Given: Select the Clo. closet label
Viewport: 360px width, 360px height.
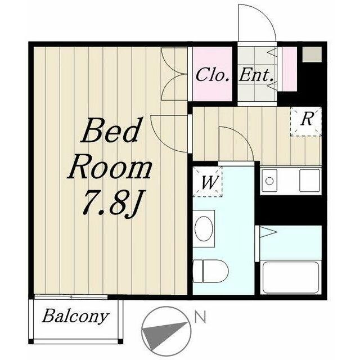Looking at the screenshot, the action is [213, 75].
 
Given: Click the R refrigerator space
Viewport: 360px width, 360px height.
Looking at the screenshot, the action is [306, 121].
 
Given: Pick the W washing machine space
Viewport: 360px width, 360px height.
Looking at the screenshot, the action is [208, 182].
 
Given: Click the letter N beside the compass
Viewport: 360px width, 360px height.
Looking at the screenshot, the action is [200, 317].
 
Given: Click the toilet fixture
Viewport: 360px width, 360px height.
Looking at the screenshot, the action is [210, 271].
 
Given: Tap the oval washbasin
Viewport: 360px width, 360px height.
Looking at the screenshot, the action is [204, 228].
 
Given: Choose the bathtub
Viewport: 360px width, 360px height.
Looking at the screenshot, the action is [291, 277].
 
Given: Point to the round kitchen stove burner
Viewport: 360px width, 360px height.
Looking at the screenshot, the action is [269, 181].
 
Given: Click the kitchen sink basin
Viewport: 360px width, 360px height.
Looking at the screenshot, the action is [309, 181].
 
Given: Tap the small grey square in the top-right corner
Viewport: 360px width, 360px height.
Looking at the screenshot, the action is [312, 54].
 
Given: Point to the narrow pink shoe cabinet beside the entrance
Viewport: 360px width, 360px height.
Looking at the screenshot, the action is [290, 69].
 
